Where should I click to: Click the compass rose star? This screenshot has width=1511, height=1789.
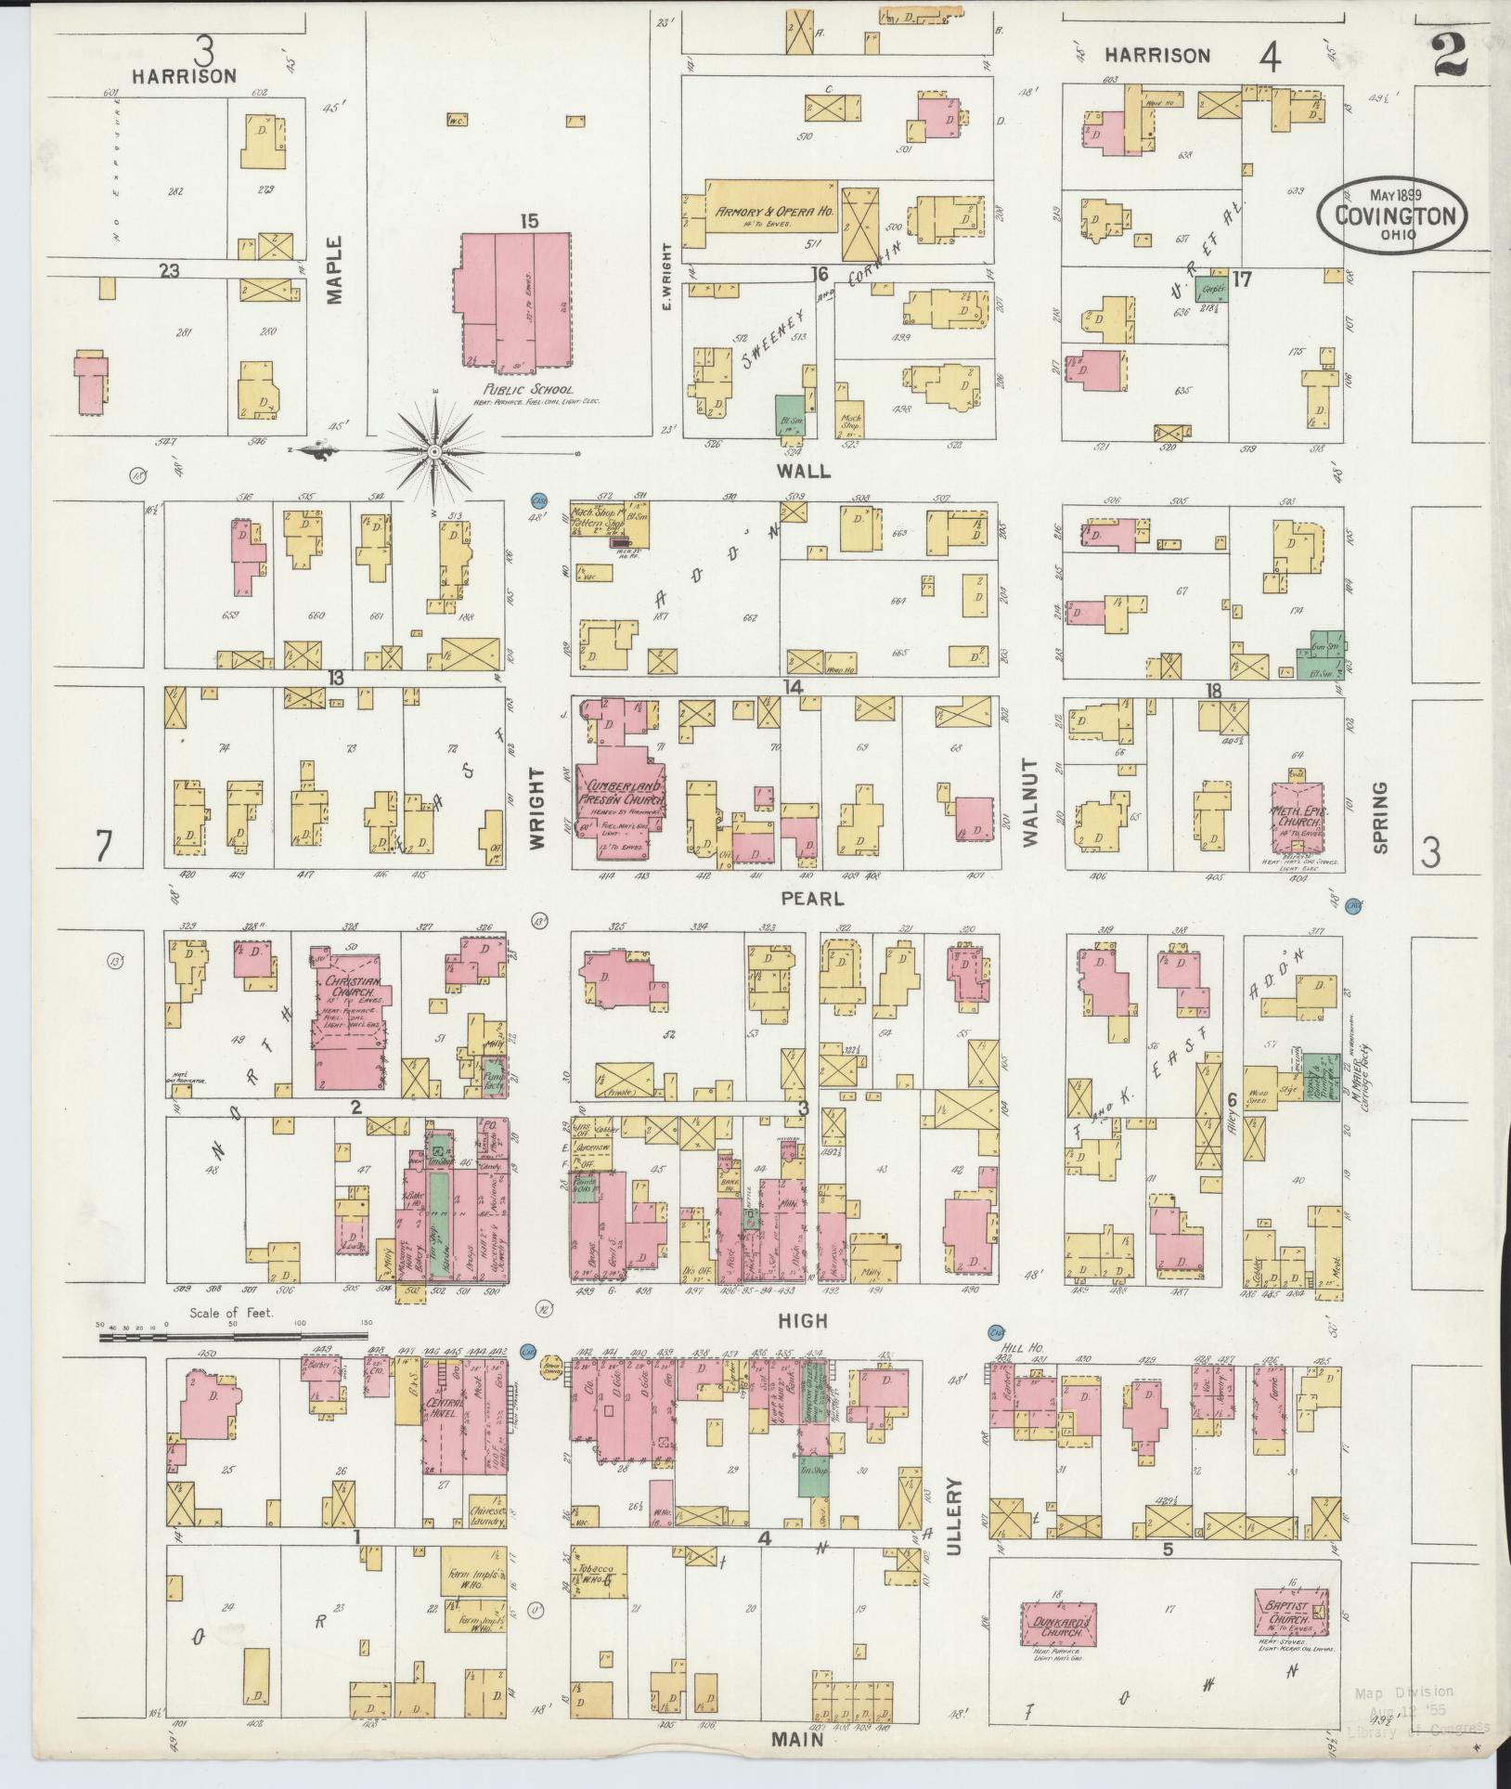pyautogui.click(x=433, y=451)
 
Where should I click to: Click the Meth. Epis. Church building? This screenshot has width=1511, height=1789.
pyautogui.click(x=1298, y=816)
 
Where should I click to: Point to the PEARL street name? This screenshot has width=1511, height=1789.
pyautogui.click(x=812, y=899)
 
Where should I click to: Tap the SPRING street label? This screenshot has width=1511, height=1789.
pyautogui.click(x=1379, y=817)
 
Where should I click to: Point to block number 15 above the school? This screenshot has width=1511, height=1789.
pyautogui.click(x=529, y=221)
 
